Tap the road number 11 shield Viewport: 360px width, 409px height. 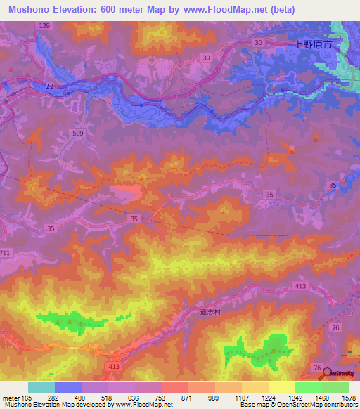pos(49,86)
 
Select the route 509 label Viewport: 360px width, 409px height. pos(78,133)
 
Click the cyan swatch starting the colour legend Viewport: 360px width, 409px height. pos(41,387)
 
